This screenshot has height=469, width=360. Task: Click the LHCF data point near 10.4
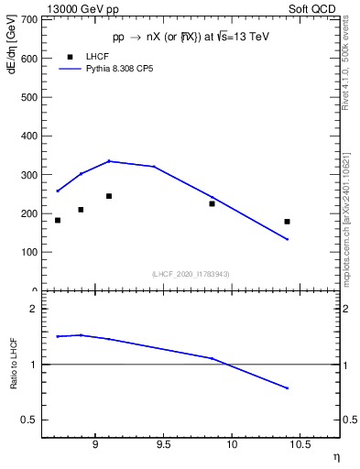pyautogui.click(x=287, y=222)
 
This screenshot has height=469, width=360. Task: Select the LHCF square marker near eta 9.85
pyautogui.click(x=212, y=203)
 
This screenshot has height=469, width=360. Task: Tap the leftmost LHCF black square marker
pyautogui.click(x=58, y=220)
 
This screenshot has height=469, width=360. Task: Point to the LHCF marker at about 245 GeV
pyautogui.click(x=109, y=196)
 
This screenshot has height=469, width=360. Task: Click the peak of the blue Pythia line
pyautogui.click(x=109, y=161)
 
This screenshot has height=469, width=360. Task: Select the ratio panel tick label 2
pyautogui.click(x=33, y=310)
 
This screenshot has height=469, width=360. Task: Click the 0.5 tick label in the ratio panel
pyautogui.click(x=29, y=420)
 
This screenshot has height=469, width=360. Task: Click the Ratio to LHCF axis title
pyautogui.click(x=13, y=365)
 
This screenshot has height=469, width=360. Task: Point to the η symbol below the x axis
pyautogui.click(x=335, y=456)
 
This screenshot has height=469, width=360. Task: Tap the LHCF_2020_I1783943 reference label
pyautogui.click(x=191, y=274)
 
